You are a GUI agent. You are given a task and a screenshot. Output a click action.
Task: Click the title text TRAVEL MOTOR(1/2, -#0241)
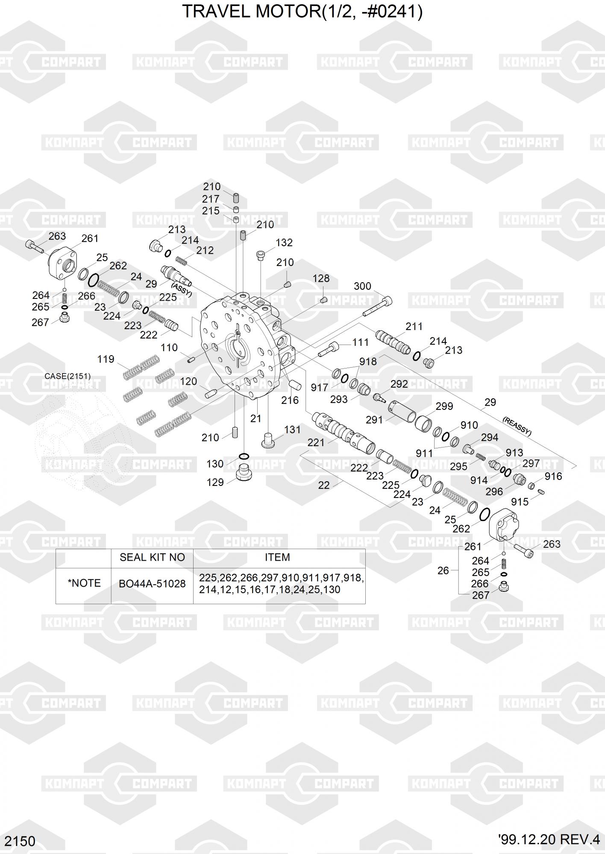pos(302,12)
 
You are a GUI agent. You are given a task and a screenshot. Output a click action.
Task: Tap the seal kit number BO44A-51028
pos(152,584)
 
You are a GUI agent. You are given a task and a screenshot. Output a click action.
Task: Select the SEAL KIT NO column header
pos(152,557)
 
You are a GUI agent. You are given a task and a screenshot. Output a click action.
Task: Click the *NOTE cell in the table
pos(84,583)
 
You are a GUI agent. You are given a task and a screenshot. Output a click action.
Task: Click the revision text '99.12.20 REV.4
pos(549,839)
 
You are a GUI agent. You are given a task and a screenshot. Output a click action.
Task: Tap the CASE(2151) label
pos(68,376)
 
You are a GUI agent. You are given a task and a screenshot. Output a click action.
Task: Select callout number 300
pos(362,286)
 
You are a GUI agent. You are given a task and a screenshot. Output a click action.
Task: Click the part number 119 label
pos(106,359)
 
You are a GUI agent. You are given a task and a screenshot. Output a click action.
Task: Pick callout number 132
pos(284,243)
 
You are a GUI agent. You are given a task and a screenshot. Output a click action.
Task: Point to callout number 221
pos(316,443)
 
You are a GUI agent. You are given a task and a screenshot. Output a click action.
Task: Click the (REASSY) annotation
pos(517,427)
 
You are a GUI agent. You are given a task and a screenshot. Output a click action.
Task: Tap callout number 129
pos(215,483)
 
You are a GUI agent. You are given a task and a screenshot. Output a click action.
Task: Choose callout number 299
pos(444,406)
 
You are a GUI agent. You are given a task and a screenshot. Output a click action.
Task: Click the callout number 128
pos(321,278)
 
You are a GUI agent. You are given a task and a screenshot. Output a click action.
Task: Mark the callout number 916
pos(553,476)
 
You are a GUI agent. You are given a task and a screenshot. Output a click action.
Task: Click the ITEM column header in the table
pos(277,557)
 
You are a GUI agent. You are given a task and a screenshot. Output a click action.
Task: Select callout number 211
pos(414,327)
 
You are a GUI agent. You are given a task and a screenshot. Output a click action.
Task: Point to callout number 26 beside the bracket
pos(443,570)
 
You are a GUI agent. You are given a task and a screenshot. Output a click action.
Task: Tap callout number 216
pos(290,400)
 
